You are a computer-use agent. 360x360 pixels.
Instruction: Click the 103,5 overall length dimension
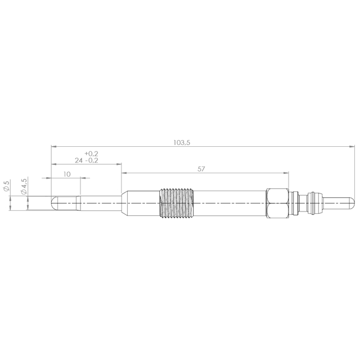pyautogui.click(x=182, y=142)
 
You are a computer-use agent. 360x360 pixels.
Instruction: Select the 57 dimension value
pyautogui.click(x=201, y=169)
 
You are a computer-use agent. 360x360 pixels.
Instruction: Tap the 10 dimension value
pyautogui.click(x=67, y=174)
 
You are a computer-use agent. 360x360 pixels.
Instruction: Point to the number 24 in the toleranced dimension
pyautogui.click(x=79, y=160)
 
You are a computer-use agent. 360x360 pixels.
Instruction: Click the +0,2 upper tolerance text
pyautogui.click(x=91, y=154)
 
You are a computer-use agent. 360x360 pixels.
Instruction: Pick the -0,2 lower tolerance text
pyautogui.click(x=92, y=160)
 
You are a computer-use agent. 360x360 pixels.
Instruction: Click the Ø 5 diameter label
pyautogui.click(x=6, y=186)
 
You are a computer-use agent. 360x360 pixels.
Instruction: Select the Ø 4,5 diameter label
pyautogui.click(x=24, y=186)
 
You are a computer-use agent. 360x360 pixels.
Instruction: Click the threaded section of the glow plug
pyautogui.click(x=177, y=203)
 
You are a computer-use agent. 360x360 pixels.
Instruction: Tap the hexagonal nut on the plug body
pyautogui.click(x=277, y=203)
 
